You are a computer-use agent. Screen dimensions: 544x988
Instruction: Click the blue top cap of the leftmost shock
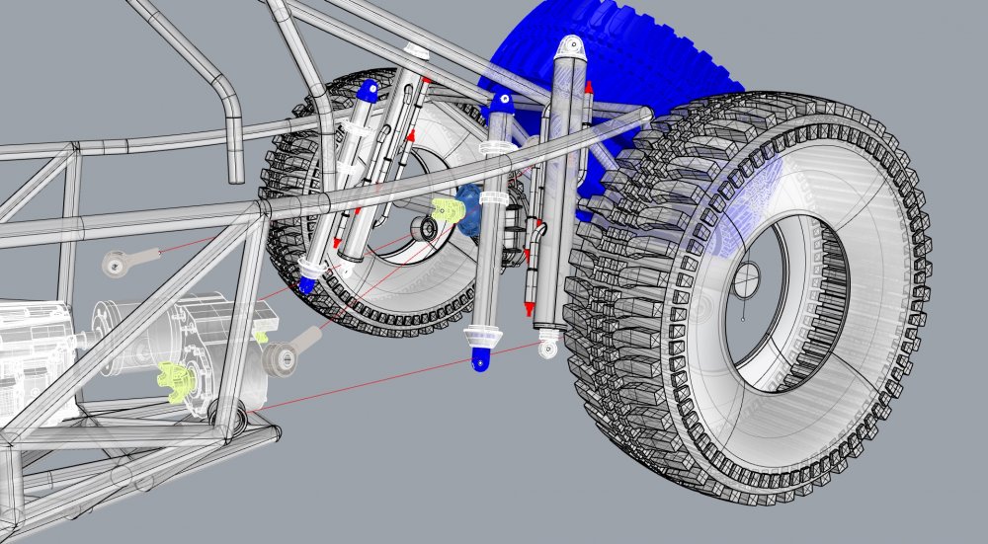point(368,92)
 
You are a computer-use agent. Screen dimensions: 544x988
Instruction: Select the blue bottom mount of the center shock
point(480,362)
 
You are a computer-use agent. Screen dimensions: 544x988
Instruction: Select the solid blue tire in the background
point(632,59)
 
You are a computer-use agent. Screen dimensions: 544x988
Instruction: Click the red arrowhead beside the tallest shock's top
point(589,88)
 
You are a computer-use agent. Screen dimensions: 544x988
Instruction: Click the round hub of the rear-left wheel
point(427,229)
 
